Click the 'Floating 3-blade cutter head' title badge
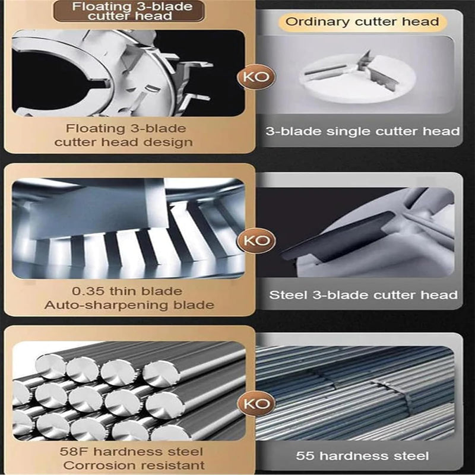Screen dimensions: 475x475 tap(129, 11)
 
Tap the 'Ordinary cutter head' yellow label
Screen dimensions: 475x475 tap(362, 22)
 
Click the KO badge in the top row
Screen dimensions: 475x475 tap(256, 77)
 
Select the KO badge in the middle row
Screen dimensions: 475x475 tap(256, 240)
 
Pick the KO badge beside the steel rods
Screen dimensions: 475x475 tap(256, 404)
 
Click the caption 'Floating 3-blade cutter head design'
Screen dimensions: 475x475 tap(123, 135)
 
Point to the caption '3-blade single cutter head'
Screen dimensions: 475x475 tap(363, 131)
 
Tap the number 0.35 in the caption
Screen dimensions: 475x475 tap(87, 291)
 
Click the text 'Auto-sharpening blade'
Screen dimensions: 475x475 tap(129, 305)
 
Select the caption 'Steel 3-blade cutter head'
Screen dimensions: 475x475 tap(363, 295)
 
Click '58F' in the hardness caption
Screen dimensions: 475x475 tap(73, 452)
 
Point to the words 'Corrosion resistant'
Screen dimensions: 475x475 tap(134, 465)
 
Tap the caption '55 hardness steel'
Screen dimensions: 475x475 tap(362, 456)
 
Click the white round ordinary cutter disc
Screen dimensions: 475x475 tap(357, 78)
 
